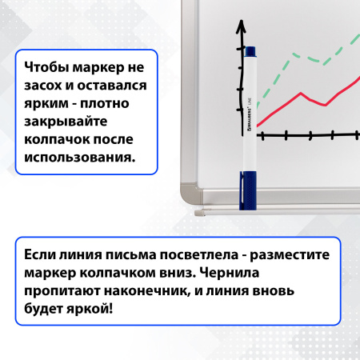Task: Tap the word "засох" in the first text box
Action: click(46, 87)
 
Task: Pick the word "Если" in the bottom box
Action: click(40, 254)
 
